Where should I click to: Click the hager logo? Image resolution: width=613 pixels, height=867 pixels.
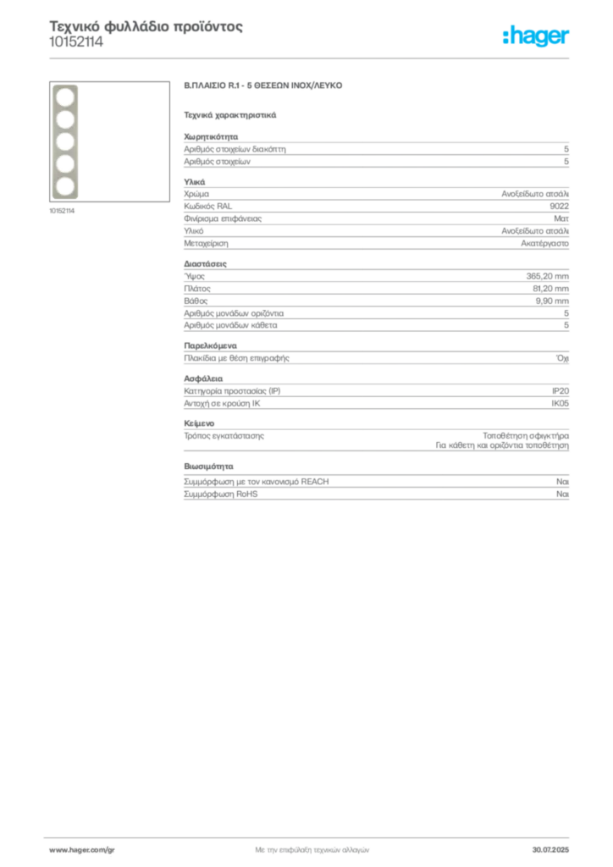(536, 36)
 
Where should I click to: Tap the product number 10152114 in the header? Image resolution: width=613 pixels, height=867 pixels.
(76, 42)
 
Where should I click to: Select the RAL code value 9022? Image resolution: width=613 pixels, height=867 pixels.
(559, 207)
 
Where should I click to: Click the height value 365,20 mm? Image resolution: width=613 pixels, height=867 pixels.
(547, 276)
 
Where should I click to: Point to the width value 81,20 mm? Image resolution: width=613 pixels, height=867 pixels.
(550, 289)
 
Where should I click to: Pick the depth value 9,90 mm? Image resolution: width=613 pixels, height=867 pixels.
(552, 301)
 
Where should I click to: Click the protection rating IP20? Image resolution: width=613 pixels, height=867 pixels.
(560, 391)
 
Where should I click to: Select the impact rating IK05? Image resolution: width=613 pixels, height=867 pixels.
(560, 403)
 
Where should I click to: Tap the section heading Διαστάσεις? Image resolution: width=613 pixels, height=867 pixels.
(205, 264)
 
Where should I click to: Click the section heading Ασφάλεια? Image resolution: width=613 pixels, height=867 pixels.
(203, 378)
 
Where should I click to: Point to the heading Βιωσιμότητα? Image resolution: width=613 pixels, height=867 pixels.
(208, 467)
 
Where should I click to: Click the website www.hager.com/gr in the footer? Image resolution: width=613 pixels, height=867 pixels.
(82, 850)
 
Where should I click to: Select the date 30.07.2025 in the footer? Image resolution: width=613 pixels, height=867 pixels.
(550, 850)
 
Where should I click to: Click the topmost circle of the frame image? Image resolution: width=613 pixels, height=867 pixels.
(65, 97)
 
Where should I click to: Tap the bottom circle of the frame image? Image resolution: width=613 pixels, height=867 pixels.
(65, 186)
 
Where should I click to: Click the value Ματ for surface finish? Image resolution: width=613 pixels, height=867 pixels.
(561, 218)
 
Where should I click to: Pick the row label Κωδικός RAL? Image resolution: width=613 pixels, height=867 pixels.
(207, 207)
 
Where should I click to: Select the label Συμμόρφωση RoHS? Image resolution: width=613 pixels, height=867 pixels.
(220, 494)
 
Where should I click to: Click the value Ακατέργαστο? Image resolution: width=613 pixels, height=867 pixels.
(544, 243)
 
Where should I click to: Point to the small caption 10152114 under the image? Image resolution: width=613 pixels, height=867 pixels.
(62, 211)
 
